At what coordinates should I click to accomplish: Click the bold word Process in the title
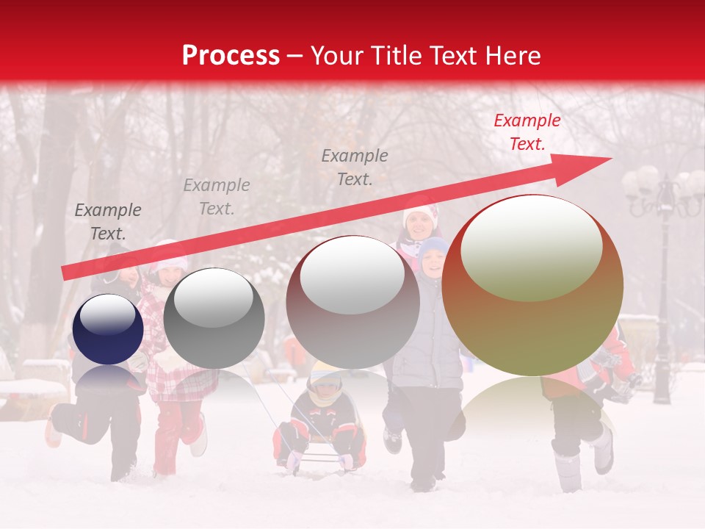pyautogui.click(x=231, y=55)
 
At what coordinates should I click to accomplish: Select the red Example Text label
pyautogui.click(x=527, y=132)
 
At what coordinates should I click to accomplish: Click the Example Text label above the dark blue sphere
pyautogui.click(x=108, y=222)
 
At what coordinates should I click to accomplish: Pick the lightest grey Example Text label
pyautogui.click(x=217, y=196)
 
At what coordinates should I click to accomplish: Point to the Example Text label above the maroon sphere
pyautogui.click(x=355, y=167)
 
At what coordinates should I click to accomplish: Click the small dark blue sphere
pyautogui.click(x=108, y=329)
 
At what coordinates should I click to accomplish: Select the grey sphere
pyautogui.click(x=214, y=319)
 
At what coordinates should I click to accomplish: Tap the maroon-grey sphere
pyautogui.click(x=352, y=303)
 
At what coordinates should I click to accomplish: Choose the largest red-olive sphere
pyautogui.click(x=532, y=287)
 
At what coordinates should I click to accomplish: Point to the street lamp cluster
pyautogui.click(x=663, y=192)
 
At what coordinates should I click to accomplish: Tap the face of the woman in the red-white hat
pyautogui.click(x=419, y=225)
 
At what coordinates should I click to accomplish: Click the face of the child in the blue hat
pyautogui.click(x=433, y=262)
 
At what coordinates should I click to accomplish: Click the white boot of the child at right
pyautogui.click(x=603, y=450)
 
